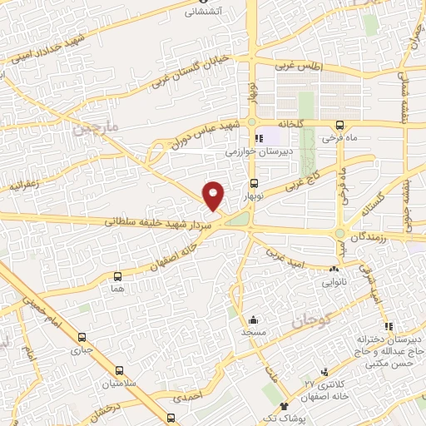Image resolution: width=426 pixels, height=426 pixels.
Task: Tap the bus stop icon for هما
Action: coord(116,275)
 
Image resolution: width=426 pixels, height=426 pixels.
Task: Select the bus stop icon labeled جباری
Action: coord(82,338)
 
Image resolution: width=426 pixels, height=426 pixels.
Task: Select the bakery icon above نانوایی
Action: coord(334,270)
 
